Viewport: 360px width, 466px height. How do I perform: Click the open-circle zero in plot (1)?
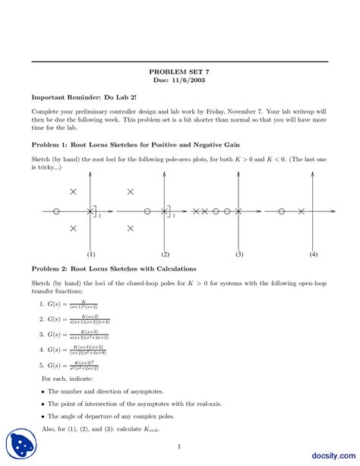pos(56,211)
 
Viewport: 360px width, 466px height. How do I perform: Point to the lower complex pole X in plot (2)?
pos(131,227)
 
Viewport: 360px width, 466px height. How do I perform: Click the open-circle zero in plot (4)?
pos(282,211)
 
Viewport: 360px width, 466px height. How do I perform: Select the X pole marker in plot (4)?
pos(301,211)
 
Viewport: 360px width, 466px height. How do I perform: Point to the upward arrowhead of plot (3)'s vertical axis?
pos(239,174)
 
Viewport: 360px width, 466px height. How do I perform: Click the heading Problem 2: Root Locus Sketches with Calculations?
pos(113,268)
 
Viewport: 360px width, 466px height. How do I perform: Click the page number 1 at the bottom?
pos(179,446)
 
